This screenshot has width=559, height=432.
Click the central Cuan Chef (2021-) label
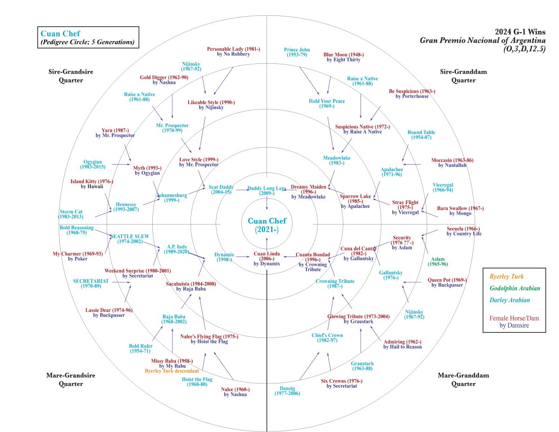pos(266,225)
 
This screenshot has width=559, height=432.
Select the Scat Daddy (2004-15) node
pos(221,190)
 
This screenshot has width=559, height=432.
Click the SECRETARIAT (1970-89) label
pos(90,283)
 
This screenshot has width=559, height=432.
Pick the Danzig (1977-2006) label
pos(287,391)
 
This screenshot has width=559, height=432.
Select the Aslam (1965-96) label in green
pos(438,261)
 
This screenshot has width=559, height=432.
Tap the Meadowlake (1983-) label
pos(337,160)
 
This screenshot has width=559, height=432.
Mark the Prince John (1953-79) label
pos(297,52)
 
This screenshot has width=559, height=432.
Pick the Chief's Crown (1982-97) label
pos(327,338)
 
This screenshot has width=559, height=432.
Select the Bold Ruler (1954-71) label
pos(140,349)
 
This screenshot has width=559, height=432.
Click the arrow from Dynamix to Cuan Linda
pos(244,256)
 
